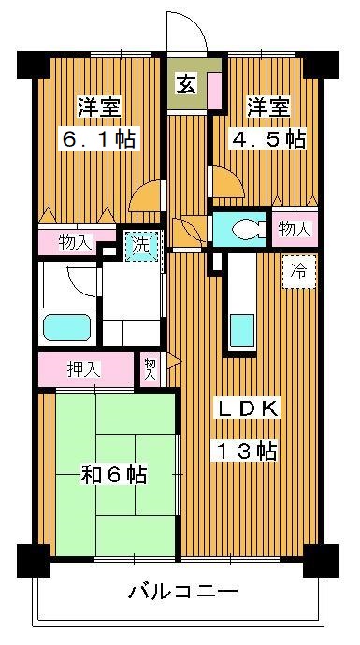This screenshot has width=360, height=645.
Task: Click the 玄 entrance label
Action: tap(186, 83)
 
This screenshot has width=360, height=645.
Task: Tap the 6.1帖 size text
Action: tap(101, 139)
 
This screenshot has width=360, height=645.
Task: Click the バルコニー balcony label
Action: tap(183, 592)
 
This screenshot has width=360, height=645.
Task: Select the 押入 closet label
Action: tap(83, 368)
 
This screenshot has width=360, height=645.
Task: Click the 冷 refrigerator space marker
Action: tap(298, 272)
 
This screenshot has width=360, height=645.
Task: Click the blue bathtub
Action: tap(66, 329)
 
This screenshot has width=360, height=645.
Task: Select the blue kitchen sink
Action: tap(242, 330)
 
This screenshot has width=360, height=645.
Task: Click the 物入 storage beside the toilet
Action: tap(294, 229)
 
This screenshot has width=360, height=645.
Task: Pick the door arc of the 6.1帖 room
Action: tap(147, 196)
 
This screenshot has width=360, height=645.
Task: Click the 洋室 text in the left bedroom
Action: tap(101, 105)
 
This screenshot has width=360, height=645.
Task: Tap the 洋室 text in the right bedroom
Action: tap(266, 105)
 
